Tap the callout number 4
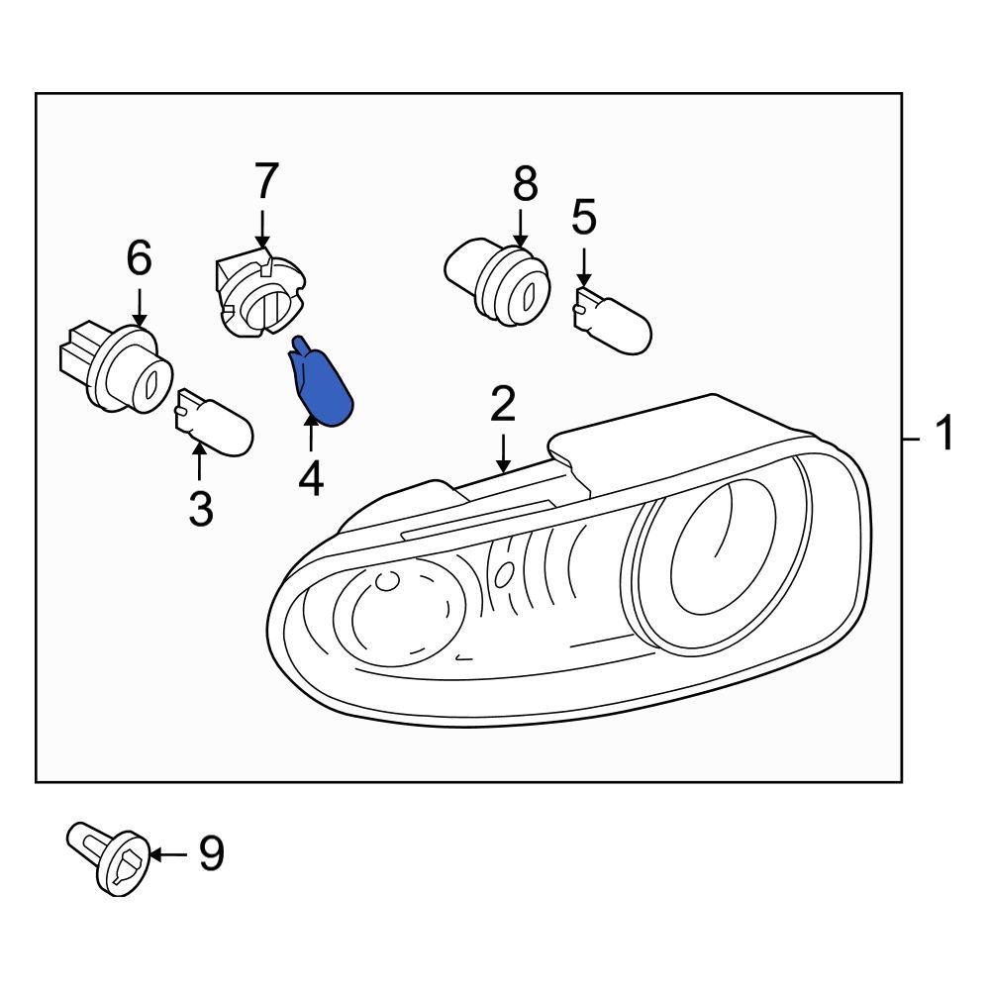click(x=311, y=479)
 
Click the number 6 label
click(x=140, y=259)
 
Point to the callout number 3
click(x=200, y=510)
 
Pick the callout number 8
click(x=525, y=184)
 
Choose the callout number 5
click(x=584, y=218)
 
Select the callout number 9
click(x=211, y=853)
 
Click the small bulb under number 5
click(x=613, y=317)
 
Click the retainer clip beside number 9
click(x=109, y=857)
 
